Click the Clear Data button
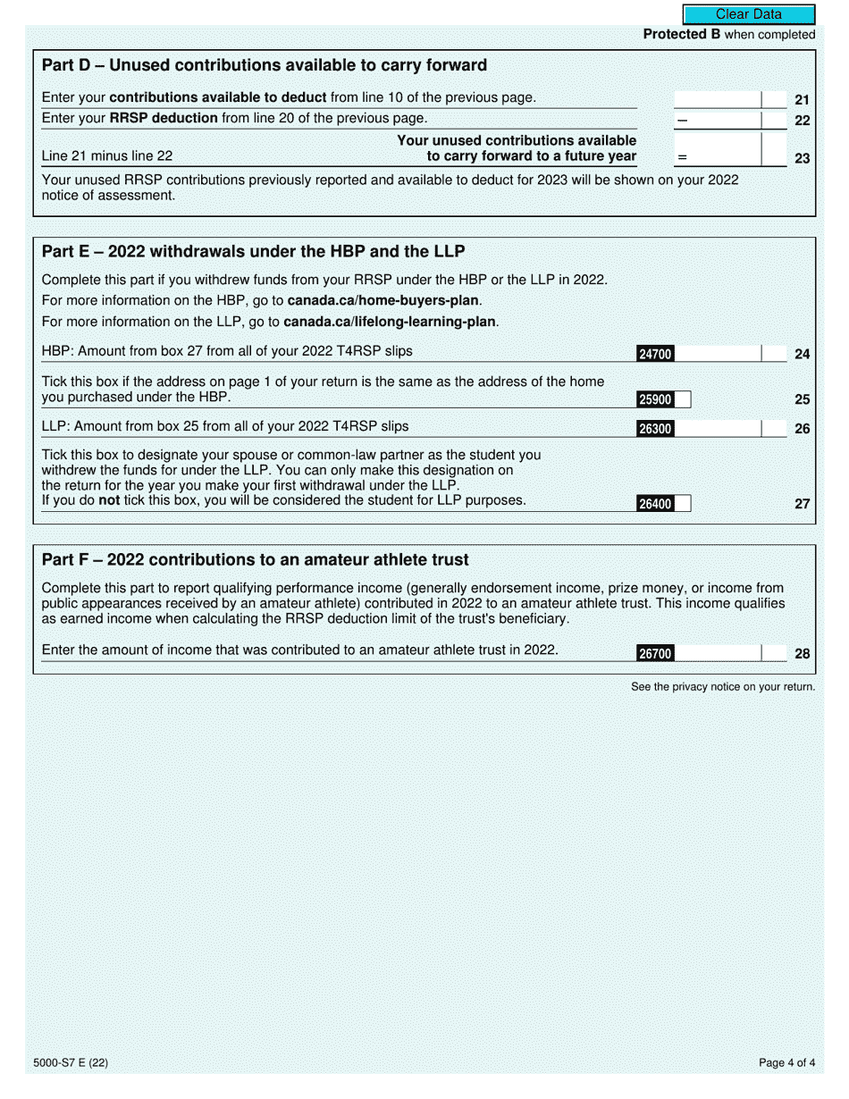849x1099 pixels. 748,14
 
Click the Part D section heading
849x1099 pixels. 265,65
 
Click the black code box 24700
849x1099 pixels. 654,355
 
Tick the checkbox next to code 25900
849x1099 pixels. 683,400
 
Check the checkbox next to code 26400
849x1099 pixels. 683,504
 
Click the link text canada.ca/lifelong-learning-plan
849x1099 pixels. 390,322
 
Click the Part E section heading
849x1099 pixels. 253,251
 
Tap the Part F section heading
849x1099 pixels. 255,560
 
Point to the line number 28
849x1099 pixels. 802,654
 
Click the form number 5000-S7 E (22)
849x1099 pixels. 71,1063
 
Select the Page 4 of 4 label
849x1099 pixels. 786,1063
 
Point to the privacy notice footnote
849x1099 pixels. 722,687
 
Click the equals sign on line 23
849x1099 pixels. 682,158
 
